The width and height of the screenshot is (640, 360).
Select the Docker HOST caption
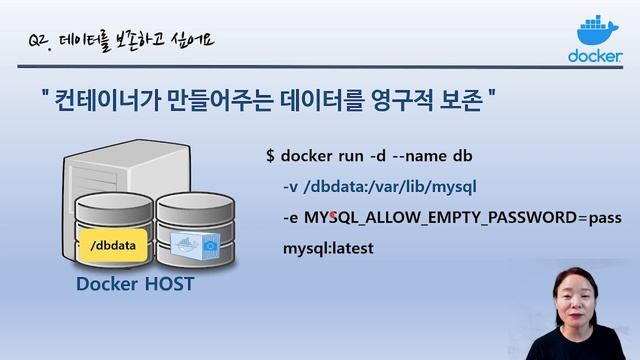point(135,285)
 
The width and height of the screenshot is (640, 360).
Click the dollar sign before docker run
point(270,157)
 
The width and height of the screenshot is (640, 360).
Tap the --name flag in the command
point(420,157)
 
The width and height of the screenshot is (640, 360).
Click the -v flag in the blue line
point(290,186)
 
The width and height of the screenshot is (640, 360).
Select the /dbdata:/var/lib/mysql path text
point(389,186)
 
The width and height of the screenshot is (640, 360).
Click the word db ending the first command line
point(463,157)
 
